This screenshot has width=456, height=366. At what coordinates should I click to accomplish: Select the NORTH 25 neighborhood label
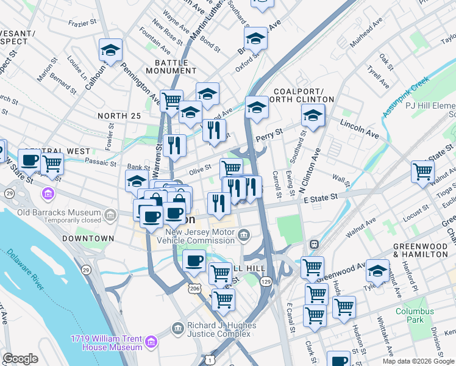[119, 115]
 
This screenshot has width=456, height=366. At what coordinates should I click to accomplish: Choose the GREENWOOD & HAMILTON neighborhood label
[420, 249]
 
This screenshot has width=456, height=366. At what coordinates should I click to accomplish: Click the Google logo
[20, 358]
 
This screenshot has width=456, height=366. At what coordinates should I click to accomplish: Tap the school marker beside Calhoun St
[111, 49]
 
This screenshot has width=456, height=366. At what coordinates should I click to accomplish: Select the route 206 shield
[193, 287]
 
